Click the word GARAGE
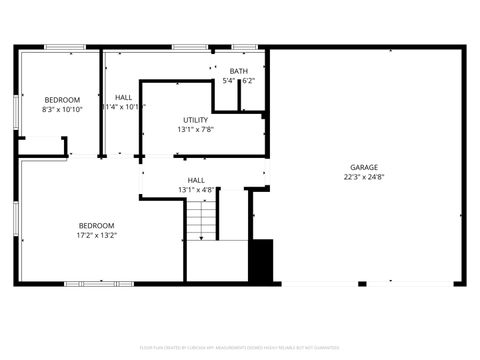[x=363, y=167]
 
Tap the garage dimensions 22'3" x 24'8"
[x=363, y=177]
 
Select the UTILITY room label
[x=196, y=119]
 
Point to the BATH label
[x=238, y=71]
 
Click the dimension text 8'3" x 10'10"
[x=61, y=109]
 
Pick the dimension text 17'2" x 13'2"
[x=97, y=236]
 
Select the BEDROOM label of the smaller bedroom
[x=61, y=99]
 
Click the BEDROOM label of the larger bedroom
[x=97, y=225]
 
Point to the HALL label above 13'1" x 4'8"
[x=196, y=180]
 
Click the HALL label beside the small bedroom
[x=123, y=97]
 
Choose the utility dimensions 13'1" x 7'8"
[x=196, y=129]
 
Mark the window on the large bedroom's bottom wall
[x=99, y=284]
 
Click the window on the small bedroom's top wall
[x=65, y=47]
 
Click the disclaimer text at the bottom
[x=240, y=347]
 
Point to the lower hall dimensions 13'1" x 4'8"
[x=196, y=190]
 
